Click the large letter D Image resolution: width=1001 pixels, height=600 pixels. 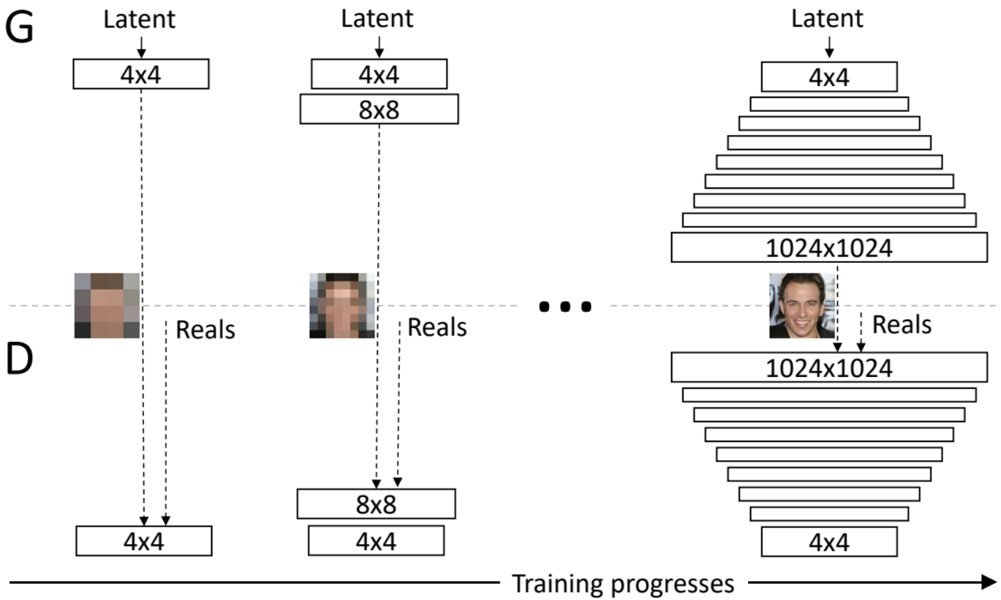pyautogui.click(x=19, y=359)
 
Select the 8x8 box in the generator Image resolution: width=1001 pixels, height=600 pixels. pyautogui.click(x=379, y=110)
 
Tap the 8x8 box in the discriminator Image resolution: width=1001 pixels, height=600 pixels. pyautogui.click(x=376, y=504)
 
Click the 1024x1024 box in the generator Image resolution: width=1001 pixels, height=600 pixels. pyautogui.click(x=829, y=248)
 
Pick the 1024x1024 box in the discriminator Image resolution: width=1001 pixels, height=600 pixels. pyautogui.click(x=829, y=368)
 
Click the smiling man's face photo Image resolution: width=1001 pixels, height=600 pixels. pyautogui.click(x=802, y=306)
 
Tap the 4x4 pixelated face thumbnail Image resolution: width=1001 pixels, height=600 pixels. pyautogui.click(x=107, y=306)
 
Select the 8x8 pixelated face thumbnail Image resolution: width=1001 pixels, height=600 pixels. pyautogui.click(x=342, y=306)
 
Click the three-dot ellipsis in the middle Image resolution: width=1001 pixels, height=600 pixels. pyautogui.click(x=566, y=306)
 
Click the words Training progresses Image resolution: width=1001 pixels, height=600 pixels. pyautogui.click(x=624, y=583)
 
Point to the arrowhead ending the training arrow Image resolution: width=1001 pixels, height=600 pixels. pyautogui.click(x=988, y=582)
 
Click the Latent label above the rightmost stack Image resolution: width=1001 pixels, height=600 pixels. pyautogui.click(x=827, y=19)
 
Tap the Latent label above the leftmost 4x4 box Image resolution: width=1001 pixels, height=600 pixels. pyautogui.click(x=139, y=20)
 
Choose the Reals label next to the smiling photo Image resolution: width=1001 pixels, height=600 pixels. pyautogui.click(x=902, y=325)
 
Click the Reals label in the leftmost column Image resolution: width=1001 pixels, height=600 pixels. pyautogui.click(x=206, y=330)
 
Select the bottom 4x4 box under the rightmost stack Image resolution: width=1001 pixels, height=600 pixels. pyautogui.click(x=829, y=542)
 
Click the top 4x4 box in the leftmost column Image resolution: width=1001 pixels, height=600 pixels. pyautogui.click(x=141, y=74)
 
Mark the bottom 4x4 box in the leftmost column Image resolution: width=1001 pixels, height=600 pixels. pyautogui.click(x=143, y=541)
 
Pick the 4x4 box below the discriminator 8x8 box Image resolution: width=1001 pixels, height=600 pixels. pyautogui.click(x=376, y=541)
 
